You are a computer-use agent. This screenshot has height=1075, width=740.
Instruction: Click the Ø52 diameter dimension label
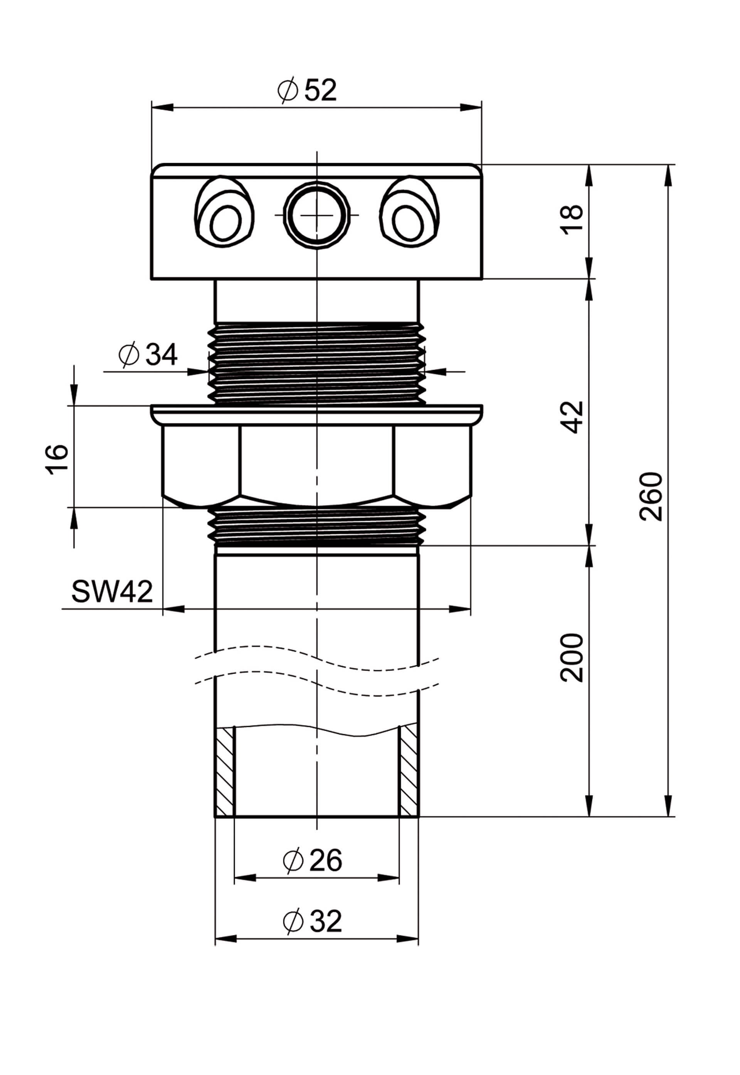click(306, 91)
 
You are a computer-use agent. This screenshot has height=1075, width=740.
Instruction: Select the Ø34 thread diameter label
click(148, 355)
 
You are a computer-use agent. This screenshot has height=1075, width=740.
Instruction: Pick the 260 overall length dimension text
click(651, 496)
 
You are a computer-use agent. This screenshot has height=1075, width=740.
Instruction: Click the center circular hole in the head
click(317, 215)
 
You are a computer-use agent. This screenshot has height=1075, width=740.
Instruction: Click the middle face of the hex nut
click(317, 464)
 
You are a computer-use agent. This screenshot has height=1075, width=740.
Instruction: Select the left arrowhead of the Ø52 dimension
click(162, 108)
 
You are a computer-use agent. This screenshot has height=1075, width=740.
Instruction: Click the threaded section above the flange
click(317, 364)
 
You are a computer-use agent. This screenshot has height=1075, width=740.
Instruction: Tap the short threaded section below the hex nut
click(317, 526)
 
